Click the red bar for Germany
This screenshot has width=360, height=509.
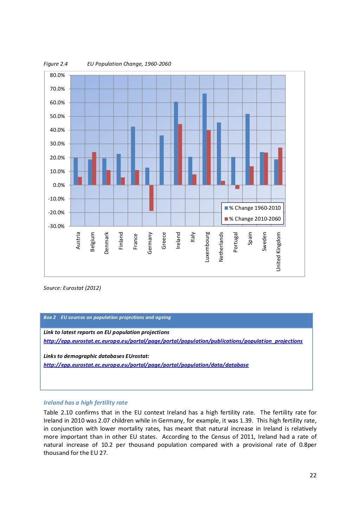click(152, 198)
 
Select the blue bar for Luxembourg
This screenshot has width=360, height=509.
click(205, 139)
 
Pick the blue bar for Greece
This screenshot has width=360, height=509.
click(162, 160)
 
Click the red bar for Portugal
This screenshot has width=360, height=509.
click(237, 187)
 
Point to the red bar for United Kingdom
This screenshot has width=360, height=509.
click(280, 166)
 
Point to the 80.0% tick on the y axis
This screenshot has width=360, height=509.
click(57, 75)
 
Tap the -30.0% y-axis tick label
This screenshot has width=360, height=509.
click(57, 226)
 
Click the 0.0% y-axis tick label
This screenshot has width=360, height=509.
click(59, 185)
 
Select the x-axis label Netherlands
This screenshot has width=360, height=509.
click(221, 247)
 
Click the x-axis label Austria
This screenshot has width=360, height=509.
click(78, 241)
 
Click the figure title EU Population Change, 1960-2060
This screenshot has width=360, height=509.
click(129, 64)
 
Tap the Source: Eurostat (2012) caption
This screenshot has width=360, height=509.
click(72, 288)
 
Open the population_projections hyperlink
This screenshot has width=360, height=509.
click(173, 341)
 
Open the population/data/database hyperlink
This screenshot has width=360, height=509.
click(146, 365)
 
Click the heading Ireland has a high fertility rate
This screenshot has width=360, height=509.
click(85, 403)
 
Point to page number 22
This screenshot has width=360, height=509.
click(313, 475)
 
